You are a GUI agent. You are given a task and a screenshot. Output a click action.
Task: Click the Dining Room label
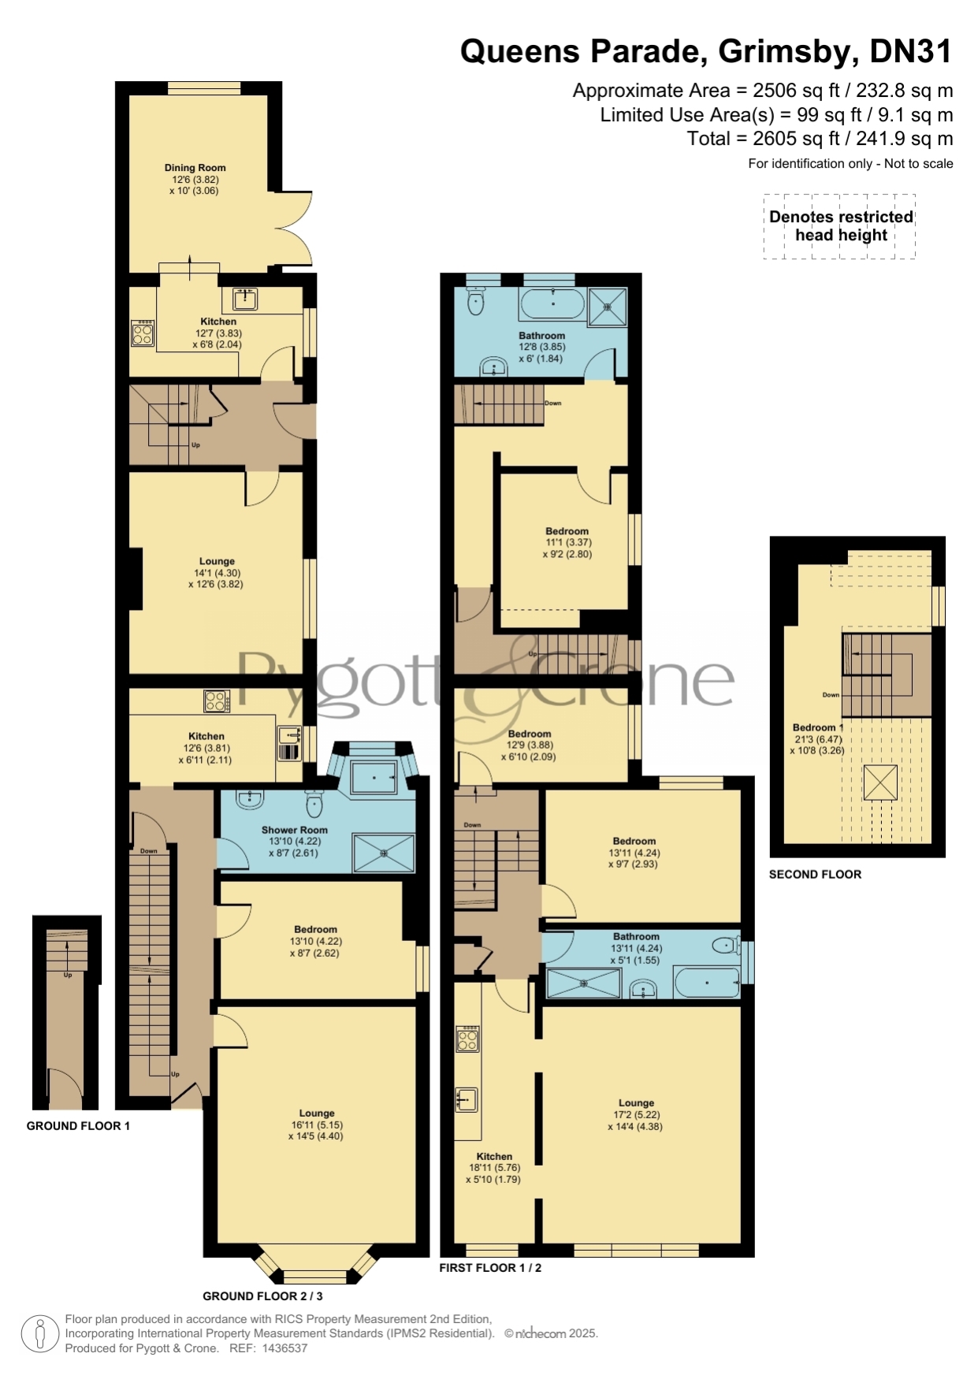[195, 167]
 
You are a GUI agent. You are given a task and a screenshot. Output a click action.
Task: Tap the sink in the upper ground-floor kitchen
[245, 299]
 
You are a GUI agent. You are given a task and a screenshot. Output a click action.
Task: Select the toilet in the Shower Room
[314, 803]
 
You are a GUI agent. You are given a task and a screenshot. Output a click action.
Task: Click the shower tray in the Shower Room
[384, 853]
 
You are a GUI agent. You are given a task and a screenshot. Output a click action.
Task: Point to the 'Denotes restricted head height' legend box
[839, 226]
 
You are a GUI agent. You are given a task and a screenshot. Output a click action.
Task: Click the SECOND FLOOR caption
[815, 874]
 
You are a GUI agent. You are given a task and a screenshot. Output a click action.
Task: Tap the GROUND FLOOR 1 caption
[78, 1125]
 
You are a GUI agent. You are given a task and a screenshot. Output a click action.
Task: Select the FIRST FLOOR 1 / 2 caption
[490, 1267]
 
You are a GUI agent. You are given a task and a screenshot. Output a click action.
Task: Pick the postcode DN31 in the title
[911, 51]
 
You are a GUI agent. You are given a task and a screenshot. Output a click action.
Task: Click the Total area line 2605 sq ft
[820, 139]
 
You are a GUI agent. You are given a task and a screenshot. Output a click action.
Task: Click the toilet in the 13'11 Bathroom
[725, 945]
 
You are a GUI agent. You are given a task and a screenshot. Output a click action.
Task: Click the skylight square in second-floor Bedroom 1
[880, 782]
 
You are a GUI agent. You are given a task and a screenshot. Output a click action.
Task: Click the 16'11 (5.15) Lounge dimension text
[317, 1125]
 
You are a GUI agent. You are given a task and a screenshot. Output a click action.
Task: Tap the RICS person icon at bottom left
[39, 1333]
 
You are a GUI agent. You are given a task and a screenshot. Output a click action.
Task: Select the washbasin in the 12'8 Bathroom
[493, 366]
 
